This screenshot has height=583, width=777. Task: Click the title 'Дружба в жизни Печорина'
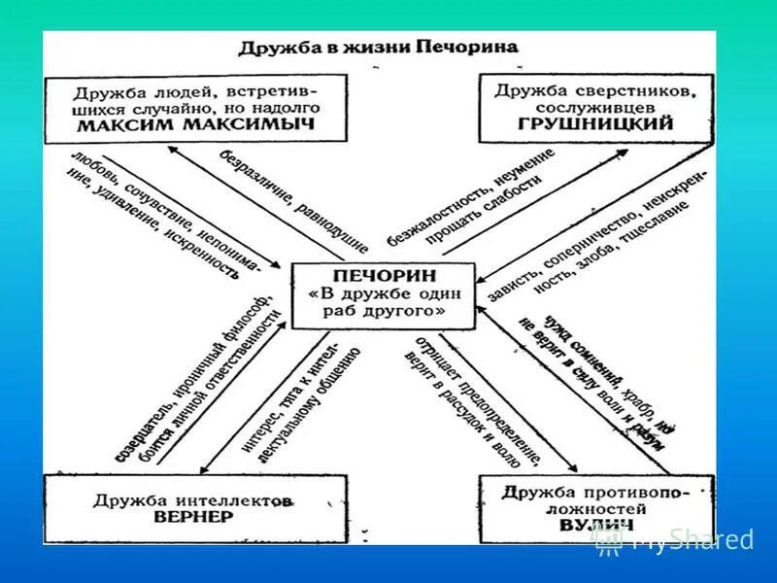click(x=378, y=48)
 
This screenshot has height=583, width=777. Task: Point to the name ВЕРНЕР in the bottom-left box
click(x=193, y=517)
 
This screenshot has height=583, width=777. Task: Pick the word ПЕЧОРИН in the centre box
click(x=382, y=276)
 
